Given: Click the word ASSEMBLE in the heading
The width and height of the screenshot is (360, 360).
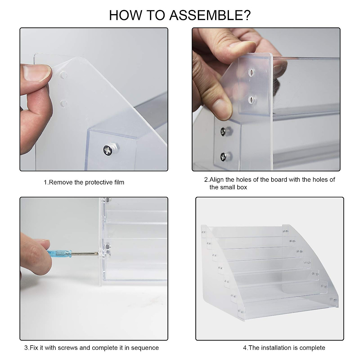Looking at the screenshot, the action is pos(210,15).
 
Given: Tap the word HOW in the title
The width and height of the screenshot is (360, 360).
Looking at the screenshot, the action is pos(125,15).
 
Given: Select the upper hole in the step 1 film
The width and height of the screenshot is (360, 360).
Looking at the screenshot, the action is pos(63,75).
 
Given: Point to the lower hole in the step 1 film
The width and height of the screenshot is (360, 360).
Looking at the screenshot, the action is pos(64,103).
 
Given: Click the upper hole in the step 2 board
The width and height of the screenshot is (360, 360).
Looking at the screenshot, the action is pos(251,72).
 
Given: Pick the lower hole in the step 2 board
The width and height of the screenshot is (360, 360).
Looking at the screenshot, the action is pos(251,100).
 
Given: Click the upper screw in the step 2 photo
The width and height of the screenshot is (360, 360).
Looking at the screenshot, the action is pos(223,131).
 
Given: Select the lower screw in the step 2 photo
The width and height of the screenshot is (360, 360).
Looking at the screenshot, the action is pos(223,157).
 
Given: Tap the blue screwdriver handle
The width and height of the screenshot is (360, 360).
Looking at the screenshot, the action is pos(59,254).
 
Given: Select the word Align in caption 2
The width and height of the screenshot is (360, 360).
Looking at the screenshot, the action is pos(217,179).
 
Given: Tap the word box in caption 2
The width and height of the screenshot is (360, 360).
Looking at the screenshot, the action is pos(242,187).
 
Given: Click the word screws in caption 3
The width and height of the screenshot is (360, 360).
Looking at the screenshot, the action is pos(68,348).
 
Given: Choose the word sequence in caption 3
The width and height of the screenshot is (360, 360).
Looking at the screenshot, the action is pos(145,348).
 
